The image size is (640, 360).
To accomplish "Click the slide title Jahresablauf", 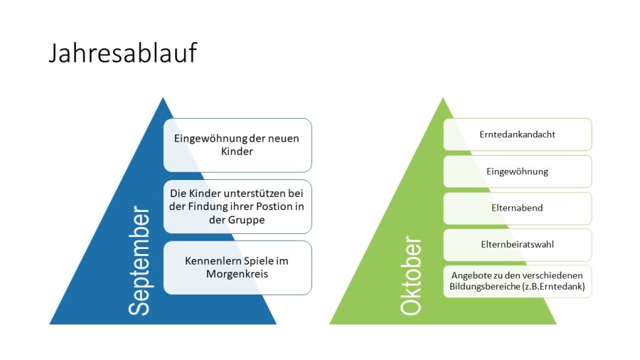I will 122,53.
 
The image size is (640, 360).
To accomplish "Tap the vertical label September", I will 139,261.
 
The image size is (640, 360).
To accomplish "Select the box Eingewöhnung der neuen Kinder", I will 238,145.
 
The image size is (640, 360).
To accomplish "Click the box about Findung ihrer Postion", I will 238,206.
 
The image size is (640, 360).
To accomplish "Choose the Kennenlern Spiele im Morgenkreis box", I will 238,268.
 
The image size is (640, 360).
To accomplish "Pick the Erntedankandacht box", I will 518,134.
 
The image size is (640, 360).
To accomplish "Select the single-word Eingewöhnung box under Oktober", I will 518,171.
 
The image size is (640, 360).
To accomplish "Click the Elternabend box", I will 518,208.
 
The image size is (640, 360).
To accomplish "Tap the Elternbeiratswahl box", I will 518,245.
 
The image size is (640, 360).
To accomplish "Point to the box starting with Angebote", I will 518,281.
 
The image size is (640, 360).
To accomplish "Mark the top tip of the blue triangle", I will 163,98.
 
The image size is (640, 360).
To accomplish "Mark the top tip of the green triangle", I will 443,98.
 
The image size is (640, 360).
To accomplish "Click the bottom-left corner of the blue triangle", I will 50,324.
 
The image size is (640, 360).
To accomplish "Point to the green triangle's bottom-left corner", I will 331,324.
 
